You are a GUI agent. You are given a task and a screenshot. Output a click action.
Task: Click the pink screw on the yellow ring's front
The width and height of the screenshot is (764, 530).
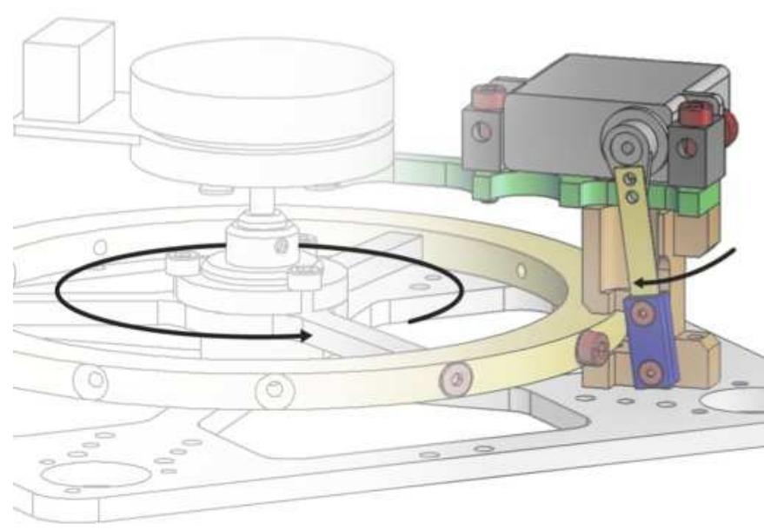452,378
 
